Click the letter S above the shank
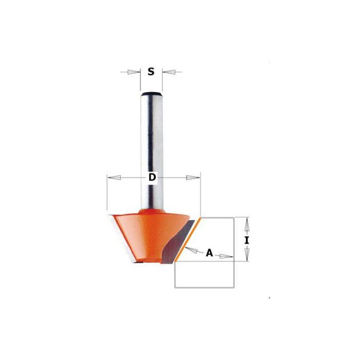click(151, 72)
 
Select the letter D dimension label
click(152, 178)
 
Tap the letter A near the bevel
click(209, 253)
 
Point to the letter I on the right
click(247, 240)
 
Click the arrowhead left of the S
click(133, 72)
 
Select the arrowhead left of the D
click(115, 178)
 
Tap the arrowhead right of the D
click(192, 178)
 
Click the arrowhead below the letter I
click(247, 253)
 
